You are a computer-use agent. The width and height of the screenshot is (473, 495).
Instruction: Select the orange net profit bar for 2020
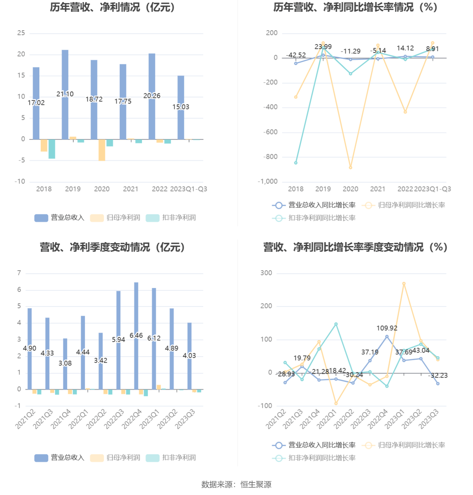point(102,150)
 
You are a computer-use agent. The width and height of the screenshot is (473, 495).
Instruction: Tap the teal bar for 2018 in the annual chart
point(52,149)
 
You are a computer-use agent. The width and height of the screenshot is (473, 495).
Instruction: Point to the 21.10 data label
point(65,94)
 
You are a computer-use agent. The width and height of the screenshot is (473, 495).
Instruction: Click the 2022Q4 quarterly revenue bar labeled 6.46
point(136,313)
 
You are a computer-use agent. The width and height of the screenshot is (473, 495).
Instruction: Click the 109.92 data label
point(387,328)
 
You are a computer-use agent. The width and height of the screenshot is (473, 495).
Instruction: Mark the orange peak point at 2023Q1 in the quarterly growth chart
point(404,284)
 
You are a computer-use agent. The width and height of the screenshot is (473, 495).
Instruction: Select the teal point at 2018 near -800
point(296,163)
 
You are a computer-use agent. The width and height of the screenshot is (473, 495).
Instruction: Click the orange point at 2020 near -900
point(350,167)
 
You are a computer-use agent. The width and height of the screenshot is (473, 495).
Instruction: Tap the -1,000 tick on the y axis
point(268,182)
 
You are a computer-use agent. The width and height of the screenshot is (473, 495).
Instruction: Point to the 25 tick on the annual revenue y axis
point(21,33)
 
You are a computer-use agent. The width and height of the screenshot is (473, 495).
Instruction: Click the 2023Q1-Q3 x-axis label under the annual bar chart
point(189,189)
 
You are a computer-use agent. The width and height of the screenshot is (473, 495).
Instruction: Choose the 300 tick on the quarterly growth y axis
point(266,273)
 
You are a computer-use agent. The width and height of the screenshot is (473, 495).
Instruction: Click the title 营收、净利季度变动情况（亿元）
point(112,247)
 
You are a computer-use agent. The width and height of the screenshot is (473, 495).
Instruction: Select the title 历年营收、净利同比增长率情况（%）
point(355,7)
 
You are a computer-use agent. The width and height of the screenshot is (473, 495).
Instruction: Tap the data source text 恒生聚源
point(256,485)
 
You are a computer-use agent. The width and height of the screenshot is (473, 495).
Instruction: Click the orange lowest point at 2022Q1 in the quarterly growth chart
point(336,403)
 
